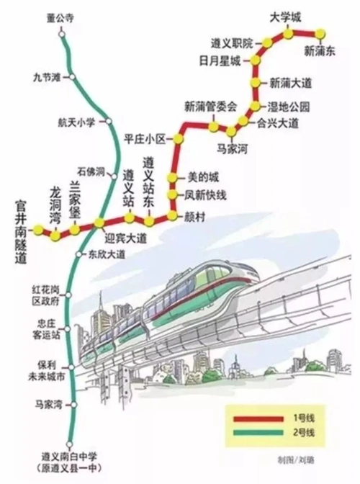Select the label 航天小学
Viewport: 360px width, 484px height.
[77, 122]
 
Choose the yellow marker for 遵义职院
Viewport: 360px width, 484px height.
[266, 44]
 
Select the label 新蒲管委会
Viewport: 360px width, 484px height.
[210, 106]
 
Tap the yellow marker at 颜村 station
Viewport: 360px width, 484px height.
[172, 215]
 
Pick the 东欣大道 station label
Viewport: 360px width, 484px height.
[106, 254]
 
